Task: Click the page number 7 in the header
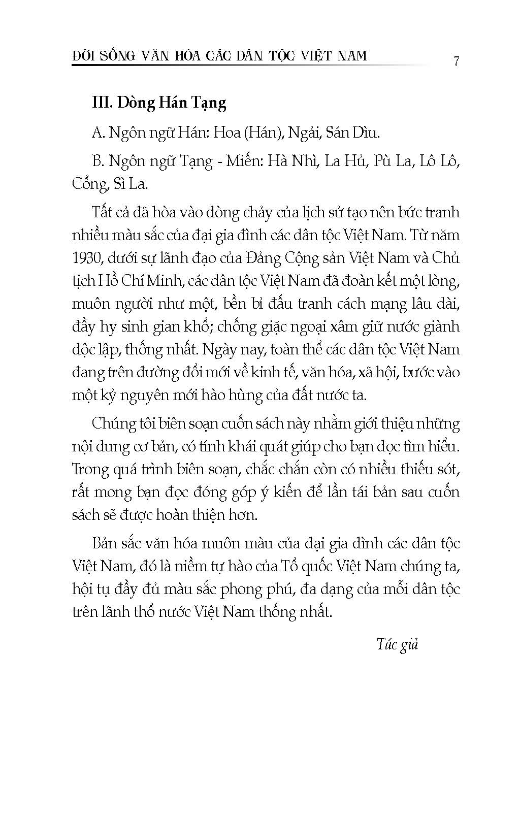pyautogui.click(x=457, y=61)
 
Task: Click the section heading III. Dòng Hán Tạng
pyautogui.click(x=159, y=103)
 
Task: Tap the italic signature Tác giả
pyautogui.click(x=397, y=644)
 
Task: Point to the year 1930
pyautogui.click(x=88, y=258)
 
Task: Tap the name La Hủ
pyautogui.click(x=345, y=161)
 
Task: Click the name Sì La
pyautogui.click(x=131, y=184)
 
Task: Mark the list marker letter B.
pyautogui.click(x=98, y=161)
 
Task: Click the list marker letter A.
pyautogui.click(x=98, y=133)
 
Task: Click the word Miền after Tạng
pyautogui.click(x=243, y=161)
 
